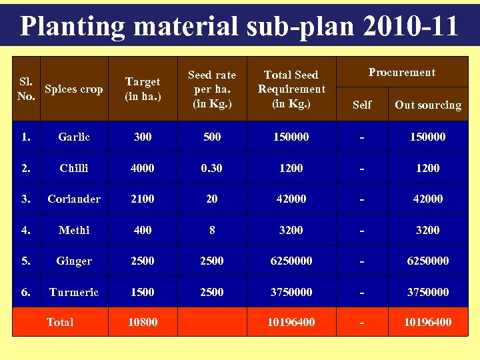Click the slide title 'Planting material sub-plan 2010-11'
pyautogui.click(x=239, y=26)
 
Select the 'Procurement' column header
pyautogui.click(x=402, y=73)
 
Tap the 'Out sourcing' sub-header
pyautogui.click(x=427, y=105)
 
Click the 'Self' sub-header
pyautogui.click(x=362, y=105)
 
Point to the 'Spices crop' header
pyautogui.click(x=73, y=89)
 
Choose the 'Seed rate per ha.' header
pyautogui.click(x=212, y=89)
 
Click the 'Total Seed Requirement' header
pyautogui.click(x=291, y=89)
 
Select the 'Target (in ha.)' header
pyautogui.click(x=143, y=89)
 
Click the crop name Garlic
pyautogui.click(x=73, y=137)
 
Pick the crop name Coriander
pyautogui.click(x=73, y=199)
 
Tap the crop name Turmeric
pyautogui.click(x=73, y=292)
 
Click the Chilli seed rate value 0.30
pyautogui.click(x=212, y=169)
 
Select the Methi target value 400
pyautogui.click(x=143, y=230)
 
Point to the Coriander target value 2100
pyautogui.click(x=143, y=199)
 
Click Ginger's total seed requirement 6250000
pyautogui.click(x=291, y=261)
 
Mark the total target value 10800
pyautogui.click(x=143, y=323)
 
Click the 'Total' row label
pyautogui.click(x=60, y=323)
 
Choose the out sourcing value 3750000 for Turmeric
pyautogui.click(x=427, y=292)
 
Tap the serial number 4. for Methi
pyautogui.click(x=26, y=230)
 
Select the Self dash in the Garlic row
pyautogui.click(x=362, y=137)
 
